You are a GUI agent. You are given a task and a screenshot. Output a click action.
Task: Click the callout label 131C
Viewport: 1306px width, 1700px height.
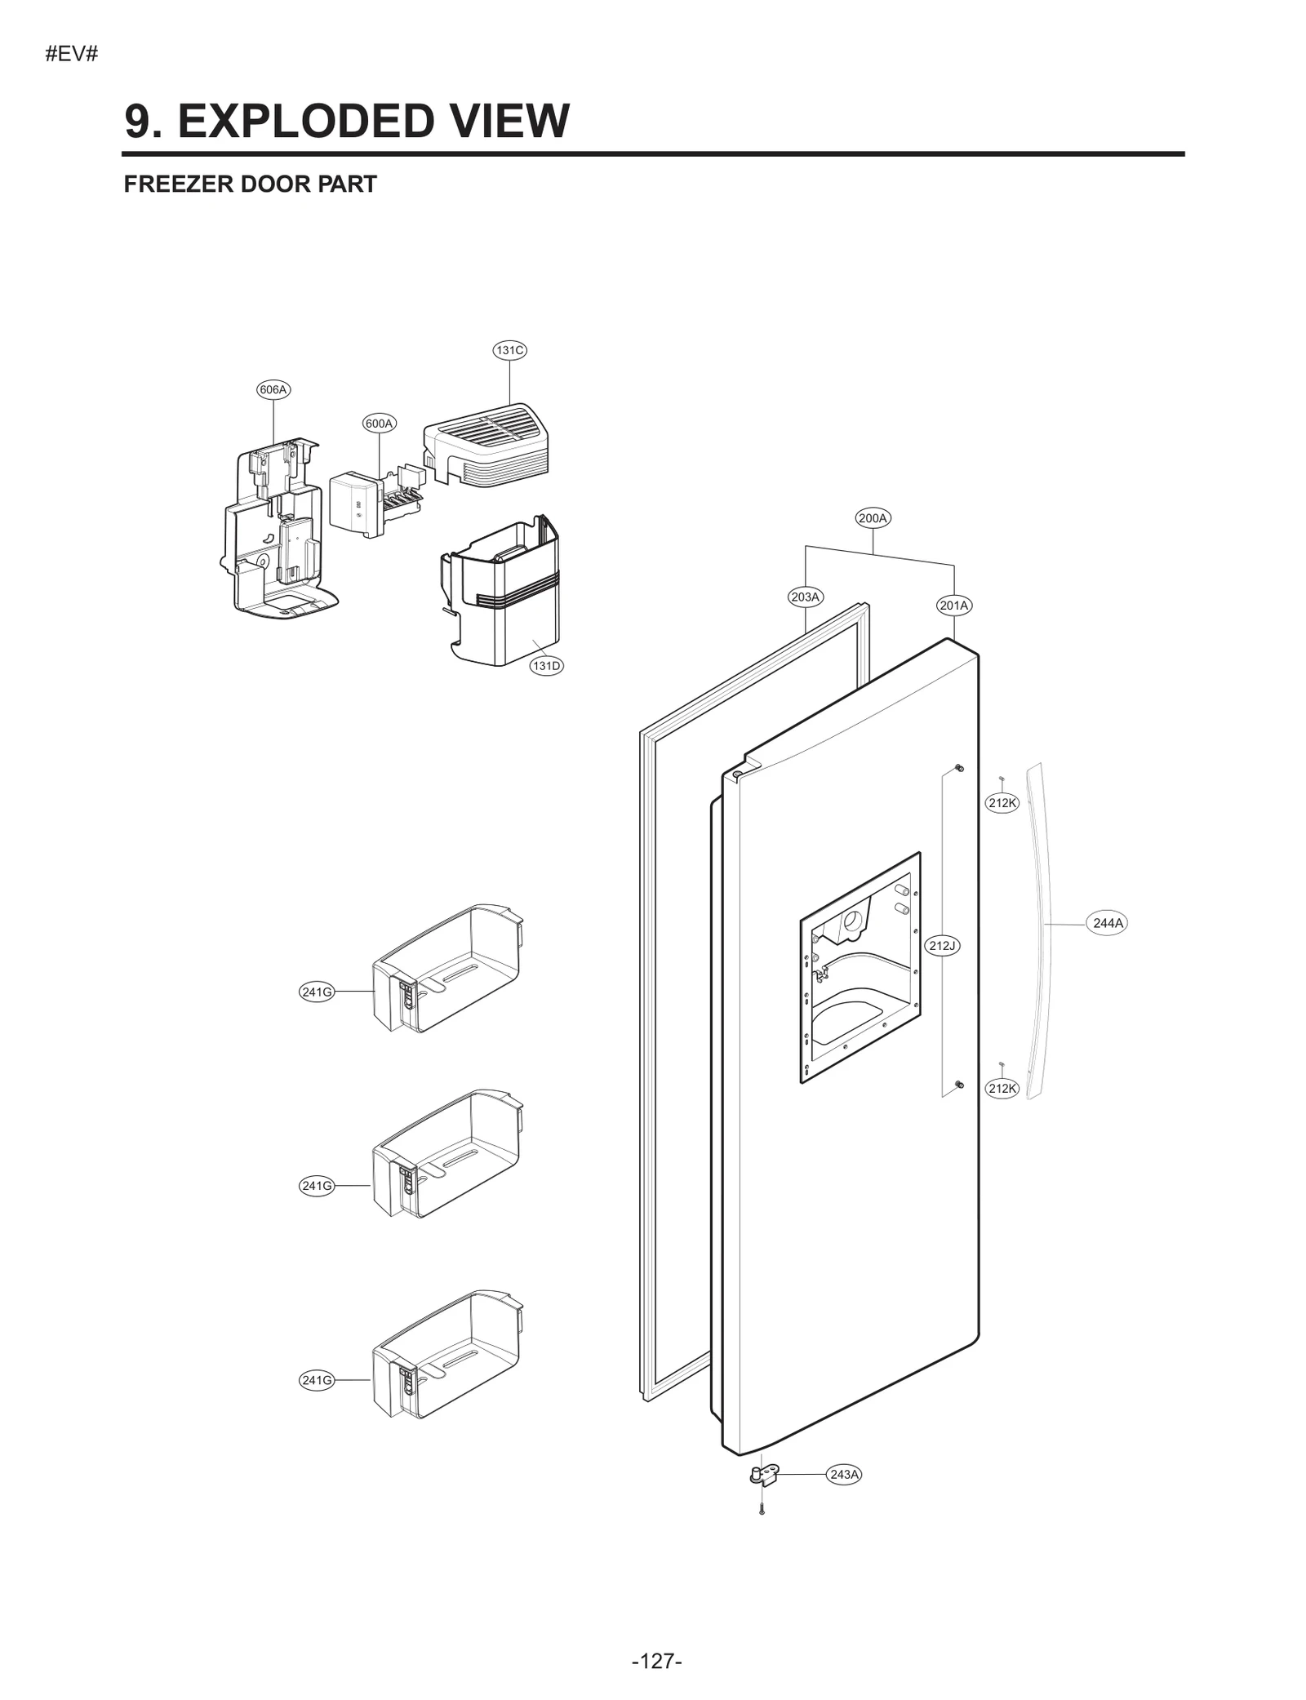pos(509,350)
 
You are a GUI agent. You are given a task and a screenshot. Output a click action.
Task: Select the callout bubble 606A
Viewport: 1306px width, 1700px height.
pos(273,389)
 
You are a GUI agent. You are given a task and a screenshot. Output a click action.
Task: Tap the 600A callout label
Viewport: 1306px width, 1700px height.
pos(379,423)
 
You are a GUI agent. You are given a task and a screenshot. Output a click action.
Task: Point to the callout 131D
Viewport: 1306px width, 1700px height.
pos(546,665)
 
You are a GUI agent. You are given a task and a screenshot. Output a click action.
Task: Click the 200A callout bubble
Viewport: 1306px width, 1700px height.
pos(873,517)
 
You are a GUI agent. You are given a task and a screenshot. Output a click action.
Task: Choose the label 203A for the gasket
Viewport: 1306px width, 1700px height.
pos(805,597)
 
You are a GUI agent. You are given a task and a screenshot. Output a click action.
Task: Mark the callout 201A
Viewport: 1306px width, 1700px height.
pos(953,605)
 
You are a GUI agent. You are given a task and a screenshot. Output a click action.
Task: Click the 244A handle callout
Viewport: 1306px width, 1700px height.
pos(1108,923)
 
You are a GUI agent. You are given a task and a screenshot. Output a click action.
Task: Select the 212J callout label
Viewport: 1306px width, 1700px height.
pos(942,945)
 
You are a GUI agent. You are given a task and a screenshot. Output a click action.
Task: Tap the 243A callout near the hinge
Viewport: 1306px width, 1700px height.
pos(844,1474)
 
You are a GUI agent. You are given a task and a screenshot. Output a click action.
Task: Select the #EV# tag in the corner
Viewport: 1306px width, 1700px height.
pos(71,55)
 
